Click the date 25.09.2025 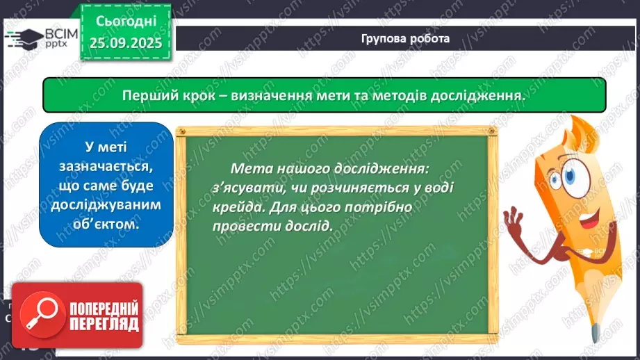125,43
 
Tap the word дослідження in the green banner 479,95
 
